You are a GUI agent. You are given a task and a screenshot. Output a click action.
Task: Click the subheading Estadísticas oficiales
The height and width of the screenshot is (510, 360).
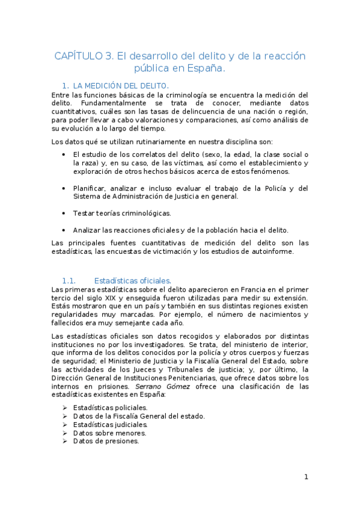pyautogui.click(x=132, y=280)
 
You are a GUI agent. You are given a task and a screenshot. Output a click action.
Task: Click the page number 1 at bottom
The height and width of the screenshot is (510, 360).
pyautogui.click(x=306, y=477)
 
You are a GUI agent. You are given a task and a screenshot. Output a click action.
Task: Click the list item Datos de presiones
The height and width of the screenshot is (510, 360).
pyautogui.click(x=106, y=441)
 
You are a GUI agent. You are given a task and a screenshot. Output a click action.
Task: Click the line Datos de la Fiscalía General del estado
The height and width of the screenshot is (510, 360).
pyautogui.click(x=139, y=416)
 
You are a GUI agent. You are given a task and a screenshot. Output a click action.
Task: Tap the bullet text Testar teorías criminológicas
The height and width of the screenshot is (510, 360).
pyautogui.click(x=122, y=213)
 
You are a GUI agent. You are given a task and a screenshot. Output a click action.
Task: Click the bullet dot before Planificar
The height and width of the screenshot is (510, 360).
pyautogui.click(x=64, y=188)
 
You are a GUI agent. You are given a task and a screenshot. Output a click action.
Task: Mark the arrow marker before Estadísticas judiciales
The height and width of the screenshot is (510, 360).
pyautogui.click(x=64, y=424)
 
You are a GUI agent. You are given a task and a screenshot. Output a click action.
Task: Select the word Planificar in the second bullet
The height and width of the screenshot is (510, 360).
pyautogui.click(x=90, y=188)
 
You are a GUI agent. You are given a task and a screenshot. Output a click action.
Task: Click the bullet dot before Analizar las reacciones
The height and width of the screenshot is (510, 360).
pyautogui.click(x=64, y=230)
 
